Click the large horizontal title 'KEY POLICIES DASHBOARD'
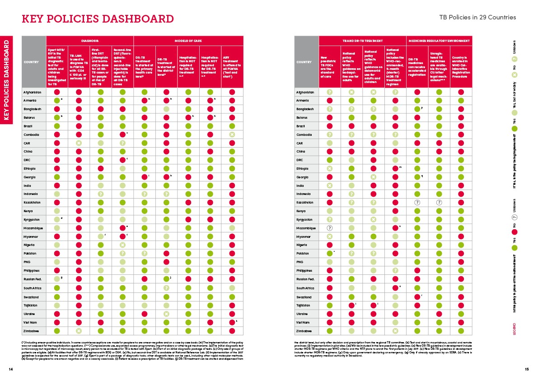pos(98,19)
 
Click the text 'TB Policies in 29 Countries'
pos(477,18)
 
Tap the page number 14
pos(10,369)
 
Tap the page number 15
pos(526,369)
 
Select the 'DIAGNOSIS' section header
pos(90,41)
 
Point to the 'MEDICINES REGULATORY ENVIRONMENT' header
pos(439,41)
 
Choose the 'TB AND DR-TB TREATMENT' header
pos(362,41)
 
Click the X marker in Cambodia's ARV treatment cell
pos(232,135)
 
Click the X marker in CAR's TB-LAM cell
pos(79,143)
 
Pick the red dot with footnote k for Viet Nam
pos(232,322)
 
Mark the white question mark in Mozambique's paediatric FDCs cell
pos(330,228)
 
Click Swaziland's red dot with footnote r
pos(417,297)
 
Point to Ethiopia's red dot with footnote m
pos(395,169)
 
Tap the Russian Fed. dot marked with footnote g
pos(57,279)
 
